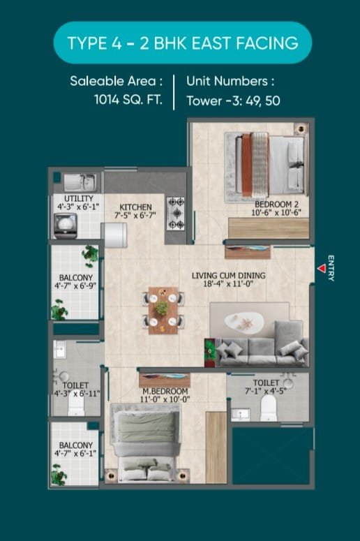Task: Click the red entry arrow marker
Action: (x=322, y=269)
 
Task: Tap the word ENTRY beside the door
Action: (x=331, y=268)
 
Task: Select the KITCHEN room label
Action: (x=135, y=207)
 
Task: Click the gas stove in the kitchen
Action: (x=176, y=213)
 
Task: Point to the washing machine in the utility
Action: (x=65, y=226)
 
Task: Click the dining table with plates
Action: (x=163, y=311)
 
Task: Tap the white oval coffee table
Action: (x=244, y=323)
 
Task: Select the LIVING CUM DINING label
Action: (x=229, y=275)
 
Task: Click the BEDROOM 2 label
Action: (x=276, y=205)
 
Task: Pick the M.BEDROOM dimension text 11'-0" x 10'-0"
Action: (x=165, y=399)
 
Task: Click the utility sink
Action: (x=80, y=182)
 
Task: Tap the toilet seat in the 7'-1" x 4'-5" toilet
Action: (x=269, y=408)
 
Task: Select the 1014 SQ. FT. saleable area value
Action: (x=128, y=100)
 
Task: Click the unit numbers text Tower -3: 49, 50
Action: (x=234, y=101)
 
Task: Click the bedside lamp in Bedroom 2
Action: (x=301, y=129)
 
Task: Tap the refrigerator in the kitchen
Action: (x=115, y=235)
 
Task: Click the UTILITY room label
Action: (x=79, y=198)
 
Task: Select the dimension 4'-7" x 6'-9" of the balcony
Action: (x=75, y=286)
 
